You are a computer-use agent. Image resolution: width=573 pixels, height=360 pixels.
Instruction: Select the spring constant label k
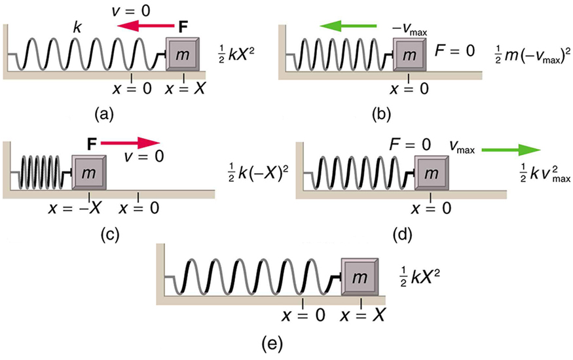click(78, 26)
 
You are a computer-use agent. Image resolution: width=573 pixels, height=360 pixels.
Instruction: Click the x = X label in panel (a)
click(185, 89)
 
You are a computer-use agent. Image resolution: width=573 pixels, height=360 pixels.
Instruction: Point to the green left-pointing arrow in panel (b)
click(348, 26)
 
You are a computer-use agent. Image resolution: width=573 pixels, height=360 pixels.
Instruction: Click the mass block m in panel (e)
click(360, 278)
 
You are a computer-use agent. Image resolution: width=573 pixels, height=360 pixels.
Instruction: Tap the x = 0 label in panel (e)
click(303, 314)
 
